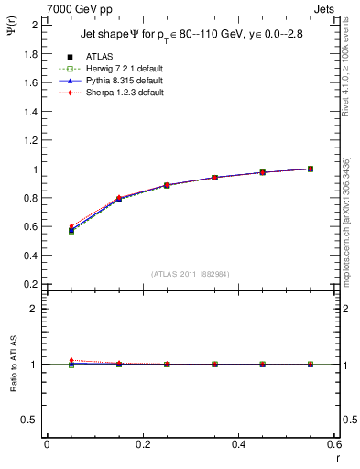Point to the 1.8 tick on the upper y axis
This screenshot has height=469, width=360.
(x=32, y=53)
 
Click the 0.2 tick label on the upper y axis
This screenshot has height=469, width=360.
(x=32, y=284)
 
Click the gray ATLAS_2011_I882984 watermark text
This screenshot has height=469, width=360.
(x=191, y=274)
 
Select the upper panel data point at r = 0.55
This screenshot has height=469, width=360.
(x=311, y=169)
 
